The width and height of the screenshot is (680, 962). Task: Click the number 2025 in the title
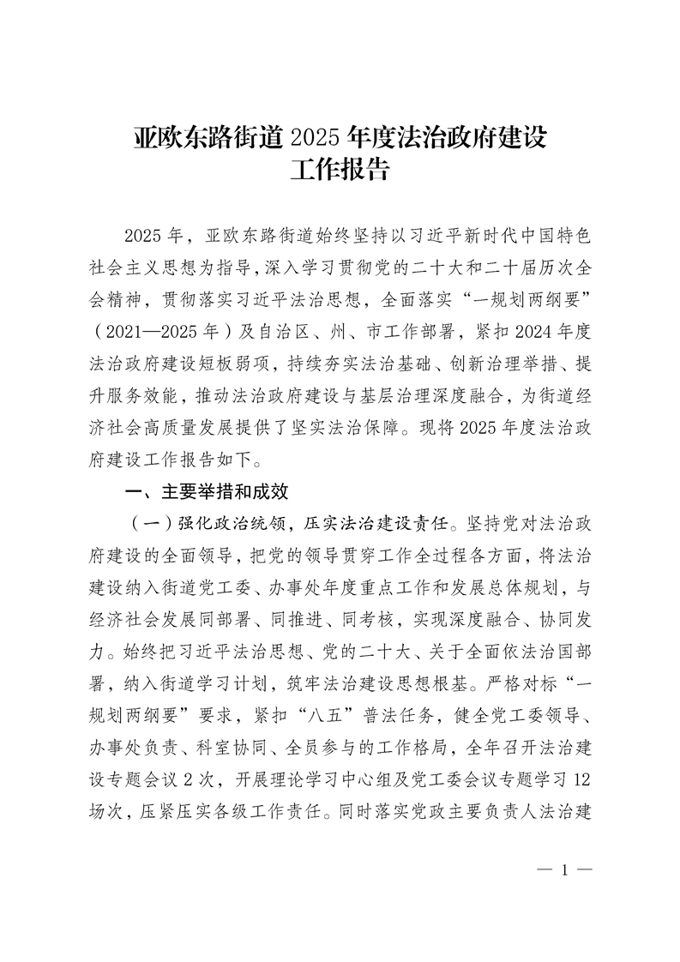click(316, 138)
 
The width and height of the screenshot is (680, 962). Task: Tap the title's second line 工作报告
click(340, 170)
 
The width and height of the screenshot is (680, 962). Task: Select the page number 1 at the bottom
click(564, 871)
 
